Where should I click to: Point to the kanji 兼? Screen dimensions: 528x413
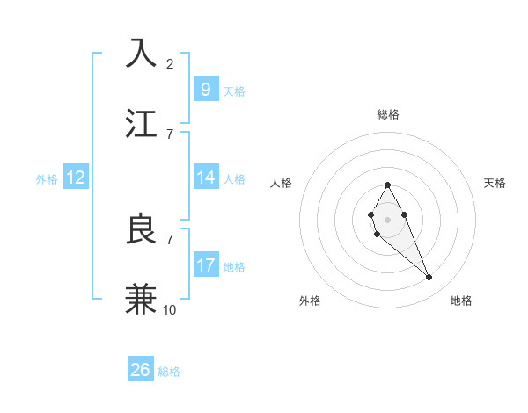pyautogui.click(x=142, y=299)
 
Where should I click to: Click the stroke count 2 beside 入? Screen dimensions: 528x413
pyautogui.click(x=170, y=63)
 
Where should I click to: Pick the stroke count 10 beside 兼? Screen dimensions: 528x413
pyautogui.click(x=170, y=309)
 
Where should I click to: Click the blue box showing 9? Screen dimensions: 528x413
pyautogui.click(x=205, y=89)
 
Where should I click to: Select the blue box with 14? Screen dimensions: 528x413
pyautogui.click(x=205, y=178)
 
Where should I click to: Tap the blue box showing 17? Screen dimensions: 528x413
pyautogui.click(x=205, y=264)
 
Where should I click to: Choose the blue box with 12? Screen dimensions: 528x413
pyautogui.click(x=76, y=178)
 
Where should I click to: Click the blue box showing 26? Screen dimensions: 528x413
pyautogui.click(x=141, y=370)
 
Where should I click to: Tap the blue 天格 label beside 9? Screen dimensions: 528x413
pyautogui.click(x=234, y=91)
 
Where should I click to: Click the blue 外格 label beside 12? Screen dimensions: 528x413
pyautogui.click(x=47, y=179)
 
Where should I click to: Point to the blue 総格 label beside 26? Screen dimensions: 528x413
pyautogui.click(x=169, y=372)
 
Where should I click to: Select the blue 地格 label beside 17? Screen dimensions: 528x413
pyautogui.click(x=234, y=267)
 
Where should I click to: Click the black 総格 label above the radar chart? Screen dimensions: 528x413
pyautogui.click(x=388, y=114)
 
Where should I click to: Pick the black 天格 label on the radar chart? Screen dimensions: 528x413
pyautogui.click(x=495, y=183)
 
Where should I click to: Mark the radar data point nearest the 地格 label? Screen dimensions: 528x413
pyautogui.click(x=429, y=278)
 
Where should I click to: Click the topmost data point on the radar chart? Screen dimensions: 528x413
pyautogui.click(x=387, y=185)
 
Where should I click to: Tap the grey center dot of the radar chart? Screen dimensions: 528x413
pyautogui.click(x=387, y=218)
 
